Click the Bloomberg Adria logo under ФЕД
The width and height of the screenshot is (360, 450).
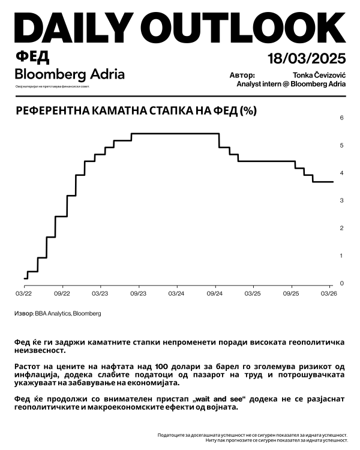pyautogui.click(x=70, y=74)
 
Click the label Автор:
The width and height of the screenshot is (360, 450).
pyautogui.click(x=242, y=76)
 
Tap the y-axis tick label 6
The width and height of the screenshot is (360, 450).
pyautogui.click(x=341, y=118)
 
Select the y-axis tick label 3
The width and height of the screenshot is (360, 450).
pyautogui.click(x=341, y=200)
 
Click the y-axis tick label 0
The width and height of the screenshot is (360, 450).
pyautogui.click(x=341, y=283)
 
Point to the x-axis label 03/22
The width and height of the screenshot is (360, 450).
pyautogui.click(x=24, y=294)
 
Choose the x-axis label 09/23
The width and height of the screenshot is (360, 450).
pyautogui.click(x=138, y=294)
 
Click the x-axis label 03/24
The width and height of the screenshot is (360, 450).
pyautogui.click(x=176, y=294)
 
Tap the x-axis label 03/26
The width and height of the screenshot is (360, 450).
pyautogui.click(x=329, y=294)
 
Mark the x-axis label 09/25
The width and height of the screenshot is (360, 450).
pyautogui.click(x=291, y=294)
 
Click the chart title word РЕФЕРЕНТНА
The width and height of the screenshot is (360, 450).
pyautogui.click(x=49, y=111)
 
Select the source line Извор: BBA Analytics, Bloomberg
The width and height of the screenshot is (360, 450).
pyautogui.click(x=58, y=313)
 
